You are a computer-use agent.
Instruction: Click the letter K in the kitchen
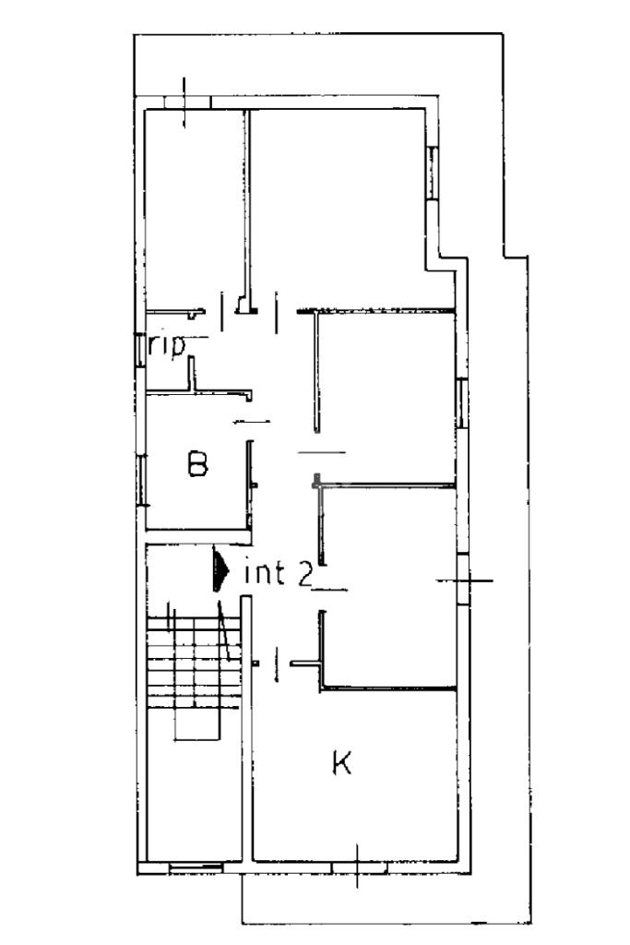(x=341, y=762)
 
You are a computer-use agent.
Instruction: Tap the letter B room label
(x=197, y=463)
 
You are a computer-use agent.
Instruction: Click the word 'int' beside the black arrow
(x=265, y=573)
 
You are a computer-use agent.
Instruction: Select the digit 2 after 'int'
(x=304, y=574)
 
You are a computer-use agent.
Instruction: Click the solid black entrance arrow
(x=220, y=568)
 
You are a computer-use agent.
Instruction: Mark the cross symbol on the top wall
(x=184, y=102)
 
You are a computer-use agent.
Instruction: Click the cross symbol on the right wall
(x=465, y=580)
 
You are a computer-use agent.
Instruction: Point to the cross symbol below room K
(x=357, y=866)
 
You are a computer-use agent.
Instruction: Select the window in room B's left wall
(x=141, y=480)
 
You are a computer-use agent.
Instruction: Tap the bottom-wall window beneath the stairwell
(x=196, y=867)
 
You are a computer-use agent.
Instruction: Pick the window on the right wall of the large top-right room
(x=432, y=173)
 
